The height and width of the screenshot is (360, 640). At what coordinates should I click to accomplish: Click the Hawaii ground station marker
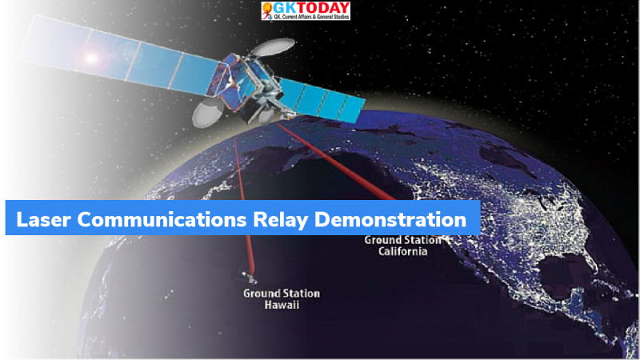[250, 280]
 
